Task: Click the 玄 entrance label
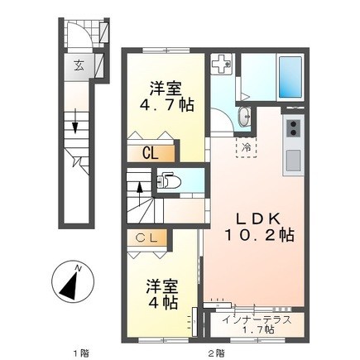pos(79,66)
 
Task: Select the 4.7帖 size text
pos(166,104)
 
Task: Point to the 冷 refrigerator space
pos(246,146)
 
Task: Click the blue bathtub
pos(290,77)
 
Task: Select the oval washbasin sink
pos(244,117)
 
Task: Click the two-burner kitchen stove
pos(293,128)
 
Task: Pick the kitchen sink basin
pos(293,161)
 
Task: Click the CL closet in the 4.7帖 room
pos(151,153)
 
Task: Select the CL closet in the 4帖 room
pos(147,238)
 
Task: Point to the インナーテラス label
pos(257,320)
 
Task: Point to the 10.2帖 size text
pos(259,235)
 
